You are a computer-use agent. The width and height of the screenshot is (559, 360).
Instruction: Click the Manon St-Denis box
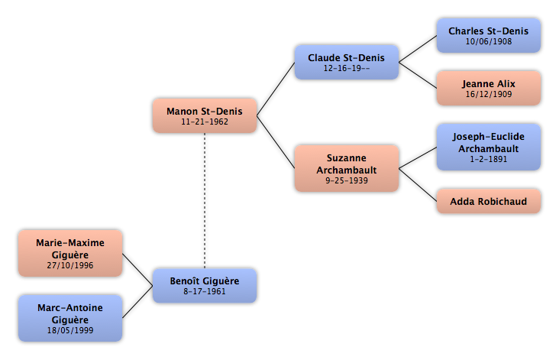[205, 115]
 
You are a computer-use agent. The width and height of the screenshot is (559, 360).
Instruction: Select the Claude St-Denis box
[347, 62]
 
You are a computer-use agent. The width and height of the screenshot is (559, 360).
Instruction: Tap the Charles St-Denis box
[489, 36]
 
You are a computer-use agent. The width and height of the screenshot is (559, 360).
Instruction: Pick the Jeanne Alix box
[489, 88]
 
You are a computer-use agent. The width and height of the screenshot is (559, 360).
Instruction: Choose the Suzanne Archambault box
[347, 168]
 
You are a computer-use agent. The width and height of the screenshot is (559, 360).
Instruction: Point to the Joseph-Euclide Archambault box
[489, 147]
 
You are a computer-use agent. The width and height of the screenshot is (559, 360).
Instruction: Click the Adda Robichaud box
[489, 201]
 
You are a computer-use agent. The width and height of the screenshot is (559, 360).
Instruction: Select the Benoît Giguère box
[205, 286]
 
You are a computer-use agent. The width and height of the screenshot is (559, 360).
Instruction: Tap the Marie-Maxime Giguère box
[70, 253]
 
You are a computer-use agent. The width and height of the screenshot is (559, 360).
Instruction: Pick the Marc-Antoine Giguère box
[70, 318]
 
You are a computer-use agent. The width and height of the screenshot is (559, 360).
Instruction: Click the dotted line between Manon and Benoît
[205, 200]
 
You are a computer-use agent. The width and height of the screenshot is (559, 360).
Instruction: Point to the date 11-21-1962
[205, 122]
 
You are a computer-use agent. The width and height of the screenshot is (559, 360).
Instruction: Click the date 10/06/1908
[489, 41]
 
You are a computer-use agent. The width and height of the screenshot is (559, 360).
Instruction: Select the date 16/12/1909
[489, 94]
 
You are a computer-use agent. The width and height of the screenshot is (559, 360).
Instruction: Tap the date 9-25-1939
[347, 180]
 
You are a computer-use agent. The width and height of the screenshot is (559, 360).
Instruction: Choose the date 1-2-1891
[489, 159]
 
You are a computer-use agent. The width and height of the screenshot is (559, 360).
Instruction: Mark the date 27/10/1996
[70, 265]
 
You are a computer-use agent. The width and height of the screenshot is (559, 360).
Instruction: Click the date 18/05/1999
[70, 330]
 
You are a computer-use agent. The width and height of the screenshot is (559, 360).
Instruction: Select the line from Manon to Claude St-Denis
[276, 89]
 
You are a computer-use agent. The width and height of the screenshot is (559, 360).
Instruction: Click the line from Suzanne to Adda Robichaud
[418, 185]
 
